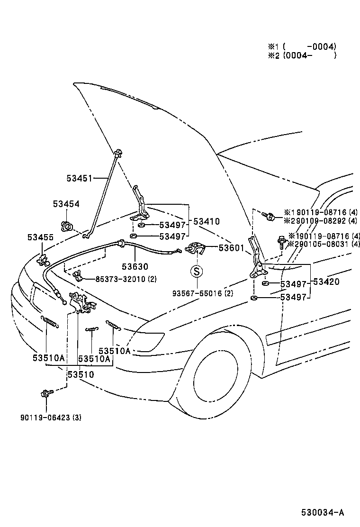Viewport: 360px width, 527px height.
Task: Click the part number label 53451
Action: point(79,178)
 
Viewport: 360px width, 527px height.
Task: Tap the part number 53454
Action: point(66,204)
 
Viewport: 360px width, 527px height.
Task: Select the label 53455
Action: point(40,237)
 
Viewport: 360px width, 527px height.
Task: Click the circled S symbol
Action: point(197,272)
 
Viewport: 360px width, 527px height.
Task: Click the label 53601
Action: point(231,247)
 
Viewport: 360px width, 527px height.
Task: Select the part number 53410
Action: point(206,221)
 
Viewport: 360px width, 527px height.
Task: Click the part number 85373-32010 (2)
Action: point(126,279)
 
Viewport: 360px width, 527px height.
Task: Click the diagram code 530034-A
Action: point(322,512)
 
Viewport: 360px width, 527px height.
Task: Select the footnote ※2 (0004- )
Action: point(302,55)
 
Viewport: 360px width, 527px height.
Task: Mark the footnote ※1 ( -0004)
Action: point(302,46)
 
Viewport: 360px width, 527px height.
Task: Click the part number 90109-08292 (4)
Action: point(324,221)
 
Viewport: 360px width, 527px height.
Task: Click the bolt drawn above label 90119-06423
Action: point(46,393)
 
